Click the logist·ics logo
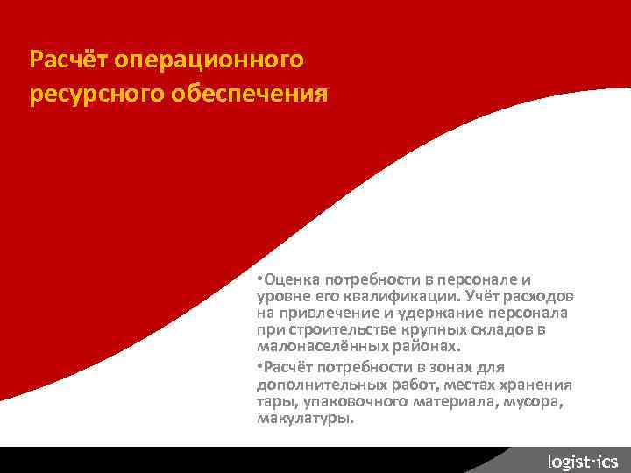[x=582, y=461]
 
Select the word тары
[x=273, y=402]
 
